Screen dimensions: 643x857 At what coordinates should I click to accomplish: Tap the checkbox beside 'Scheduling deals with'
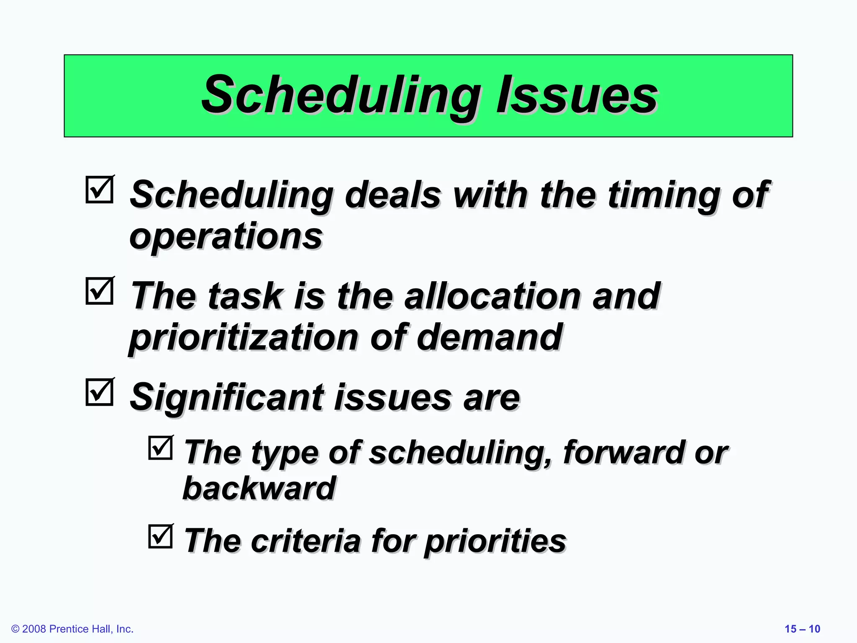click(100, 190)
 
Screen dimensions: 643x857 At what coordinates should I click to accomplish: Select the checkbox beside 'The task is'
click(100, 291)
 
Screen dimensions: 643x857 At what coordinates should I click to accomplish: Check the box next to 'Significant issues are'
click(100, 393)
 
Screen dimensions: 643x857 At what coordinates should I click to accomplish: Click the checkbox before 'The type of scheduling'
click(161, 448)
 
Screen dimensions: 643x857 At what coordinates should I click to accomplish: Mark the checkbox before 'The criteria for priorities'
click(161, 537)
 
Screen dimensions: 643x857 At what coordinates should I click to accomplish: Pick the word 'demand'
click(490, 337)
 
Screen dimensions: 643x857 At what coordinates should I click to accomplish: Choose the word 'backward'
click(259, 489)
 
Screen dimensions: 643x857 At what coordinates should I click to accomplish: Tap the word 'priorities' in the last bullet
click(495, 542)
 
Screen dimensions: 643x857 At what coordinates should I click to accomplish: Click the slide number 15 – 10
click(802, 629)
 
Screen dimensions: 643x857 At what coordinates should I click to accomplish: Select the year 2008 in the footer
click(34, 629)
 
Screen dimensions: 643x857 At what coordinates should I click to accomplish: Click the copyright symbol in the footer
click(15, 629)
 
